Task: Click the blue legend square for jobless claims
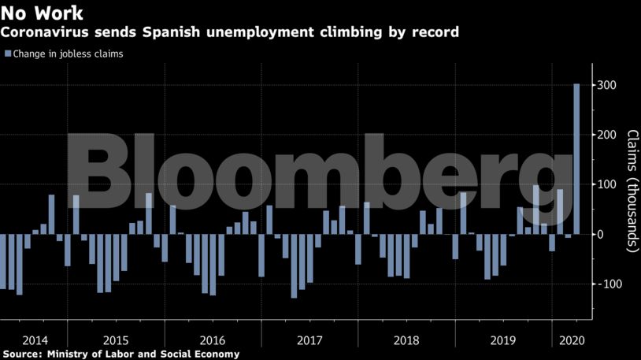coord(7,54)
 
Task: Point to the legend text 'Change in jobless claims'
coord(69,54)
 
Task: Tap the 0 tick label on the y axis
coord(600,234)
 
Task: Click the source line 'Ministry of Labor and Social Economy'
coord(143,354)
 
